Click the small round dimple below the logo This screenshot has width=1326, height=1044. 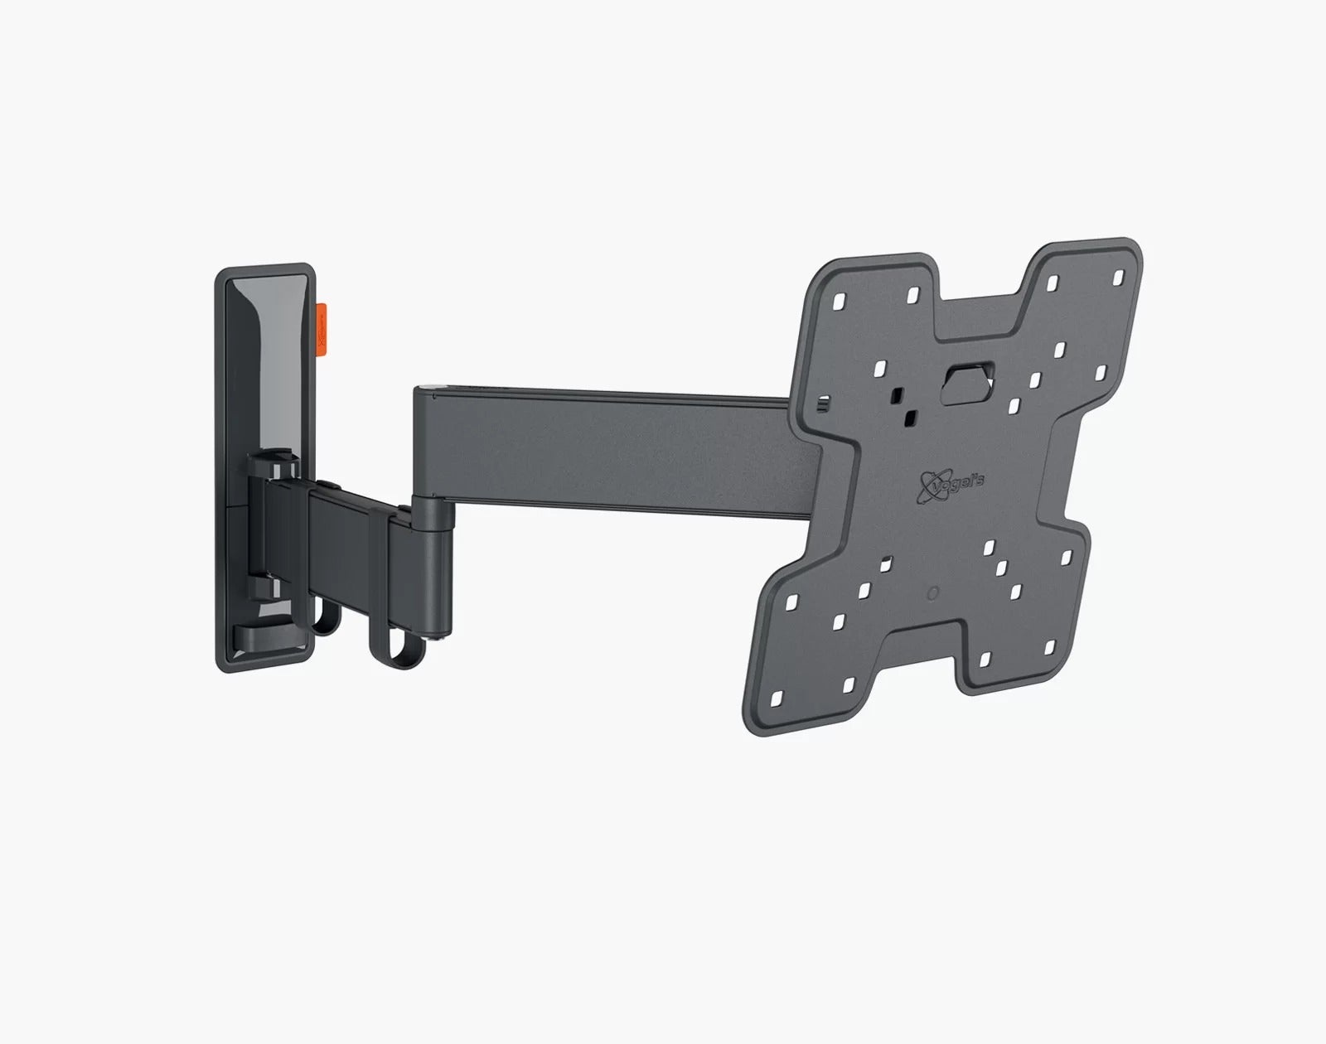(932, 594)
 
